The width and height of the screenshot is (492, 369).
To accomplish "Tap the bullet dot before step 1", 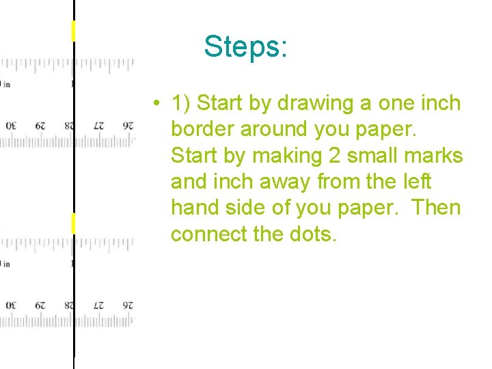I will [x=157, y=105].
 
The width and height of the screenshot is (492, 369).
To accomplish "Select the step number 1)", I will [x=182, y=104].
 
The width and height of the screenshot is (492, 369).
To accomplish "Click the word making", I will [x=286, y=156].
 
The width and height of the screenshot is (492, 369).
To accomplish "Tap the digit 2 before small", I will [x=335, y=156].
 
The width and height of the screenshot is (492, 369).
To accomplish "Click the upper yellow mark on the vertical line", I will [x=73, y=31].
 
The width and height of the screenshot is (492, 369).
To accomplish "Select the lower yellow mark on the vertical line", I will [x=73, y=223].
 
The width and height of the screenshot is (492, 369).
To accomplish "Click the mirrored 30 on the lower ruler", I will [x=11, y=305].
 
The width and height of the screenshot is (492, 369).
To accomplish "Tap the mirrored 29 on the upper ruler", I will [x=40, y=126].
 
